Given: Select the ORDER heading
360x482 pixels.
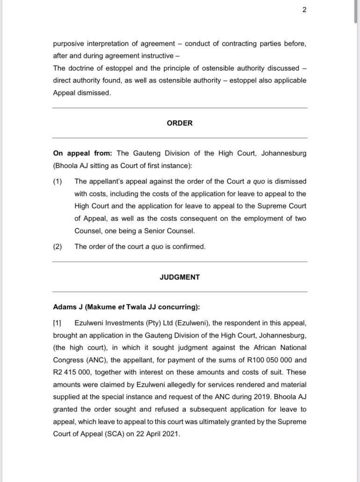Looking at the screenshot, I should point(180,123).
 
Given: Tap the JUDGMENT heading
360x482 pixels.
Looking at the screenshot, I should point(180,277).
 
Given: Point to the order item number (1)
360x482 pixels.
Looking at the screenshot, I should point(57,181).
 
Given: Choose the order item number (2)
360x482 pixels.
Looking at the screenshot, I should point(57,247).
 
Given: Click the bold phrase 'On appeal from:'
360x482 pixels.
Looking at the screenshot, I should point(82,153).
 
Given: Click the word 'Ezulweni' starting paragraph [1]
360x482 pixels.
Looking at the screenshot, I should point(89,323).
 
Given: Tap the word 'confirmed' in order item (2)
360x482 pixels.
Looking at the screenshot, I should point(188,247).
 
